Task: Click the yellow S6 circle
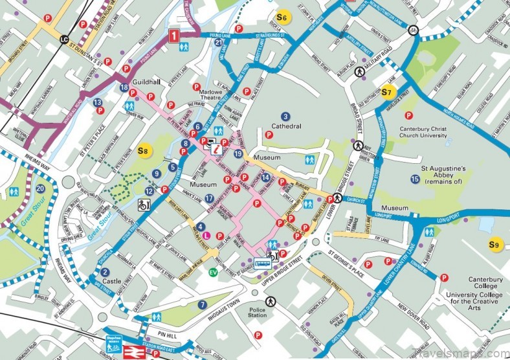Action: click(281, 17)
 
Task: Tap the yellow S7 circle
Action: click(388, 92)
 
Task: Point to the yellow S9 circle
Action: click(494, 244)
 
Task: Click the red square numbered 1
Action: click(175, 36)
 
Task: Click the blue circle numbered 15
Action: click(415, 179)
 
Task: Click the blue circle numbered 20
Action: click(40, 189)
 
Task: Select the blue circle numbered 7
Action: click(203, 304)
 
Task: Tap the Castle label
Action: click(112, 282)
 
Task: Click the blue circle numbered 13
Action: click(97, 102)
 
